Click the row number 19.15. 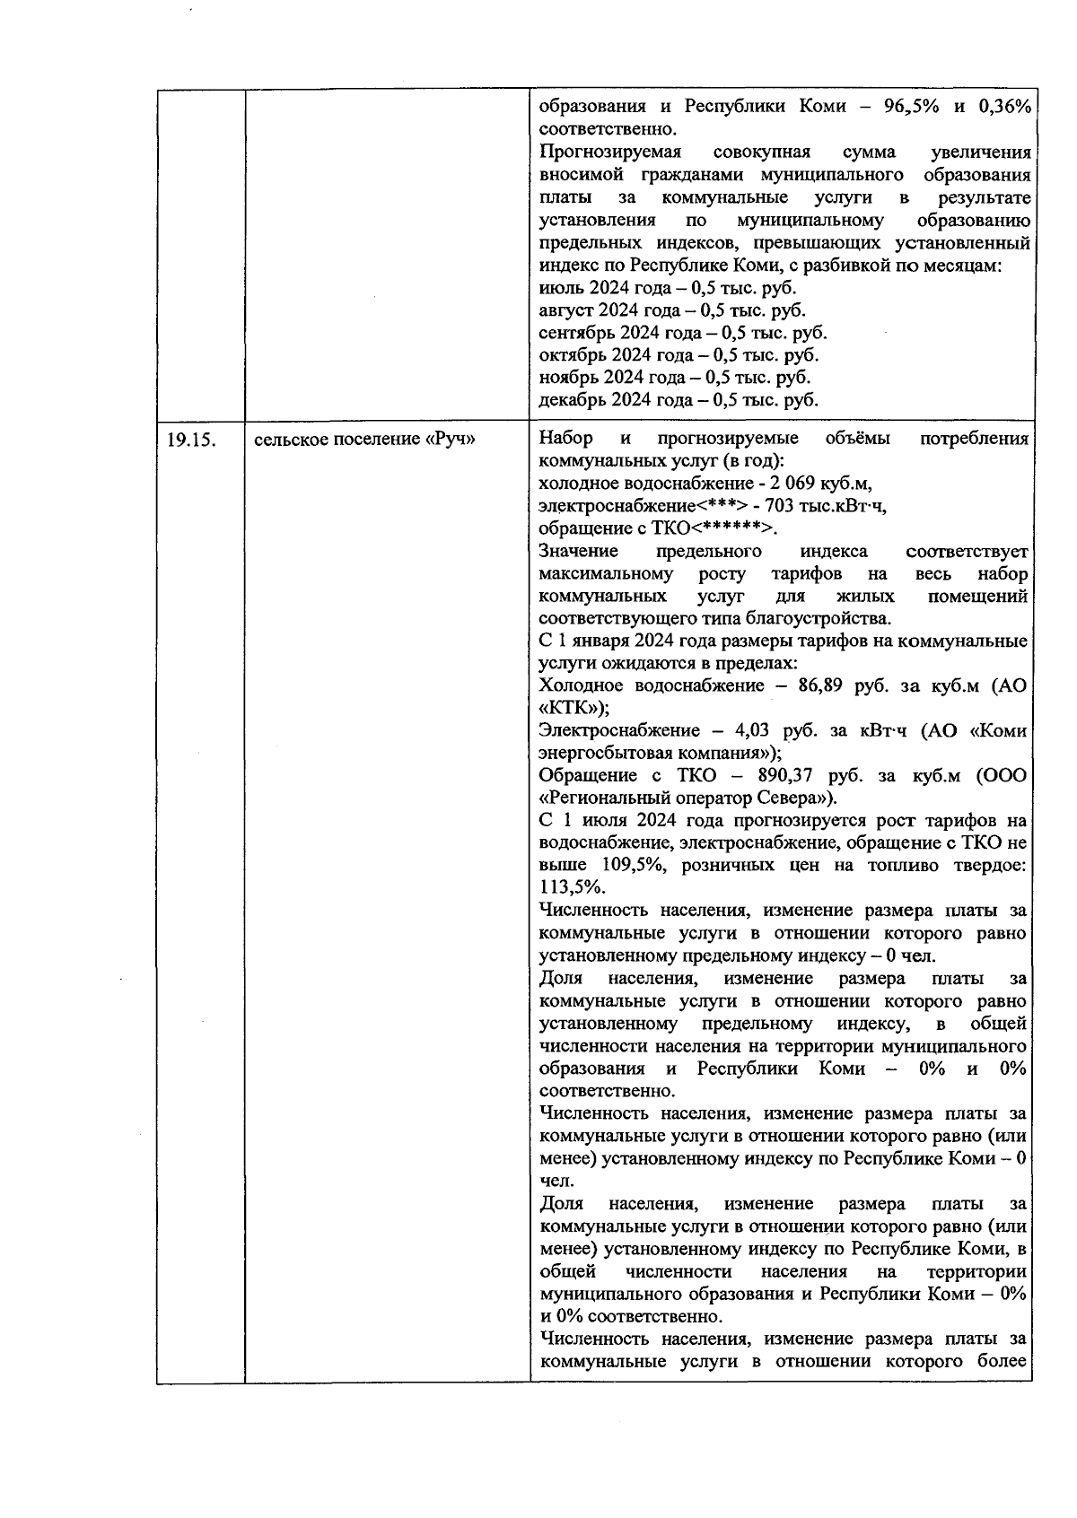(190, 440)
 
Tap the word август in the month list (566, 310)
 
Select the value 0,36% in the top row (1004, 107)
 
